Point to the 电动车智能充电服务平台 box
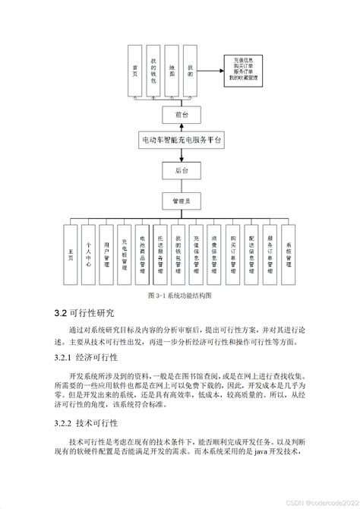182,141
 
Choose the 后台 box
182,171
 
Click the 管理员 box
182,201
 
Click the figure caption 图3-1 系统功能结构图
180,295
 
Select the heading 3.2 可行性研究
84,314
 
